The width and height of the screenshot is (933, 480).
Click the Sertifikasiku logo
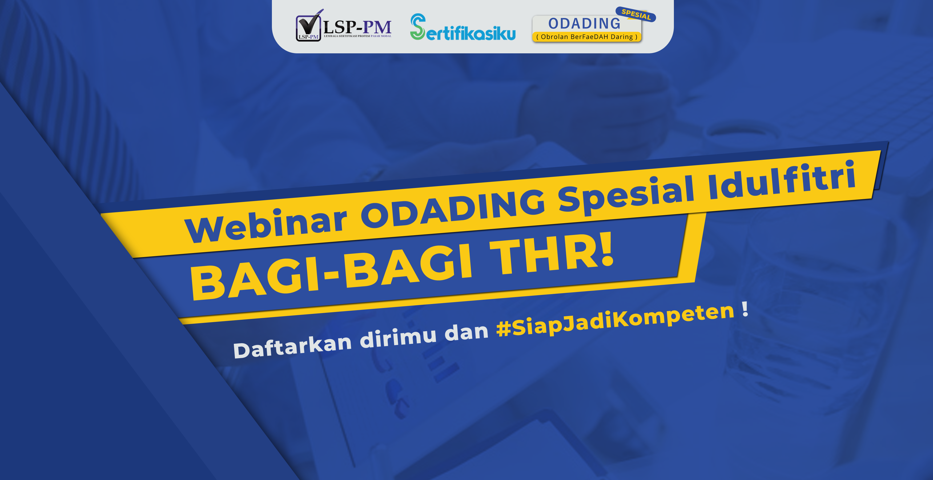pyautogui.click(x=463, y=27)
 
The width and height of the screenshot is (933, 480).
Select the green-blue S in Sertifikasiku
pyautogui.click(x=418, y=27)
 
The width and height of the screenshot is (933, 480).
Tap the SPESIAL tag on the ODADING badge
pyautogui.click(x=636, y=14)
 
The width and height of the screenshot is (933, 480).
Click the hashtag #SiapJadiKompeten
pyautogui.click(x=615, y=319)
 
